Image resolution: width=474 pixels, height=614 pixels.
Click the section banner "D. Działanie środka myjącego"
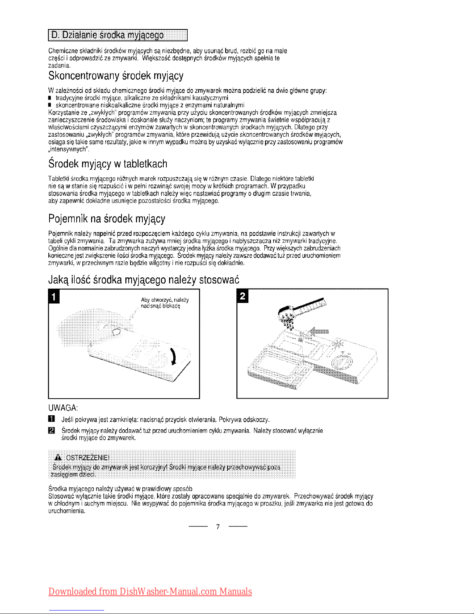coord(117,35)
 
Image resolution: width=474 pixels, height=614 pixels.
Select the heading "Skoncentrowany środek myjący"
coord(116,76)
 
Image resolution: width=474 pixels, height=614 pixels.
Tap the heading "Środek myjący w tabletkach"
coord(108,164)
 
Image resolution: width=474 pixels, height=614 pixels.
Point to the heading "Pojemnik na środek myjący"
coord(107,219)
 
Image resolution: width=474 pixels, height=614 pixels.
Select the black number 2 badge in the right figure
coord(243,296)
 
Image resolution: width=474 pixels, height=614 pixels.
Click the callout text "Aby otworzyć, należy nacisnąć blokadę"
coord(164,303)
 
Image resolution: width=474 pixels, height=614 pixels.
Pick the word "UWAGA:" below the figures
coord(63,408)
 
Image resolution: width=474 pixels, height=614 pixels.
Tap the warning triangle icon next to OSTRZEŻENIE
coord(59,456)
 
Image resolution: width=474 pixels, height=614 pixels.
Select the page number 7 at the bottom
coord(218,527)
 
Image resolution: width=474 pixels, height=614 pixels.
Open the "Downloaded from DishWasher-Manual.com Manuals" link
coord(150,592)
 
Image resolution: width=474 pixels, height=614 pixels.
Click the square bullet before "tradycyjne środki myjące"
coord(50,98)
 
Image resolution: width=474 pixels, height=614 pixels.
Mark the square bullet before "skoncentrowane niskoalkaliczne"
coord(50,105)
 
